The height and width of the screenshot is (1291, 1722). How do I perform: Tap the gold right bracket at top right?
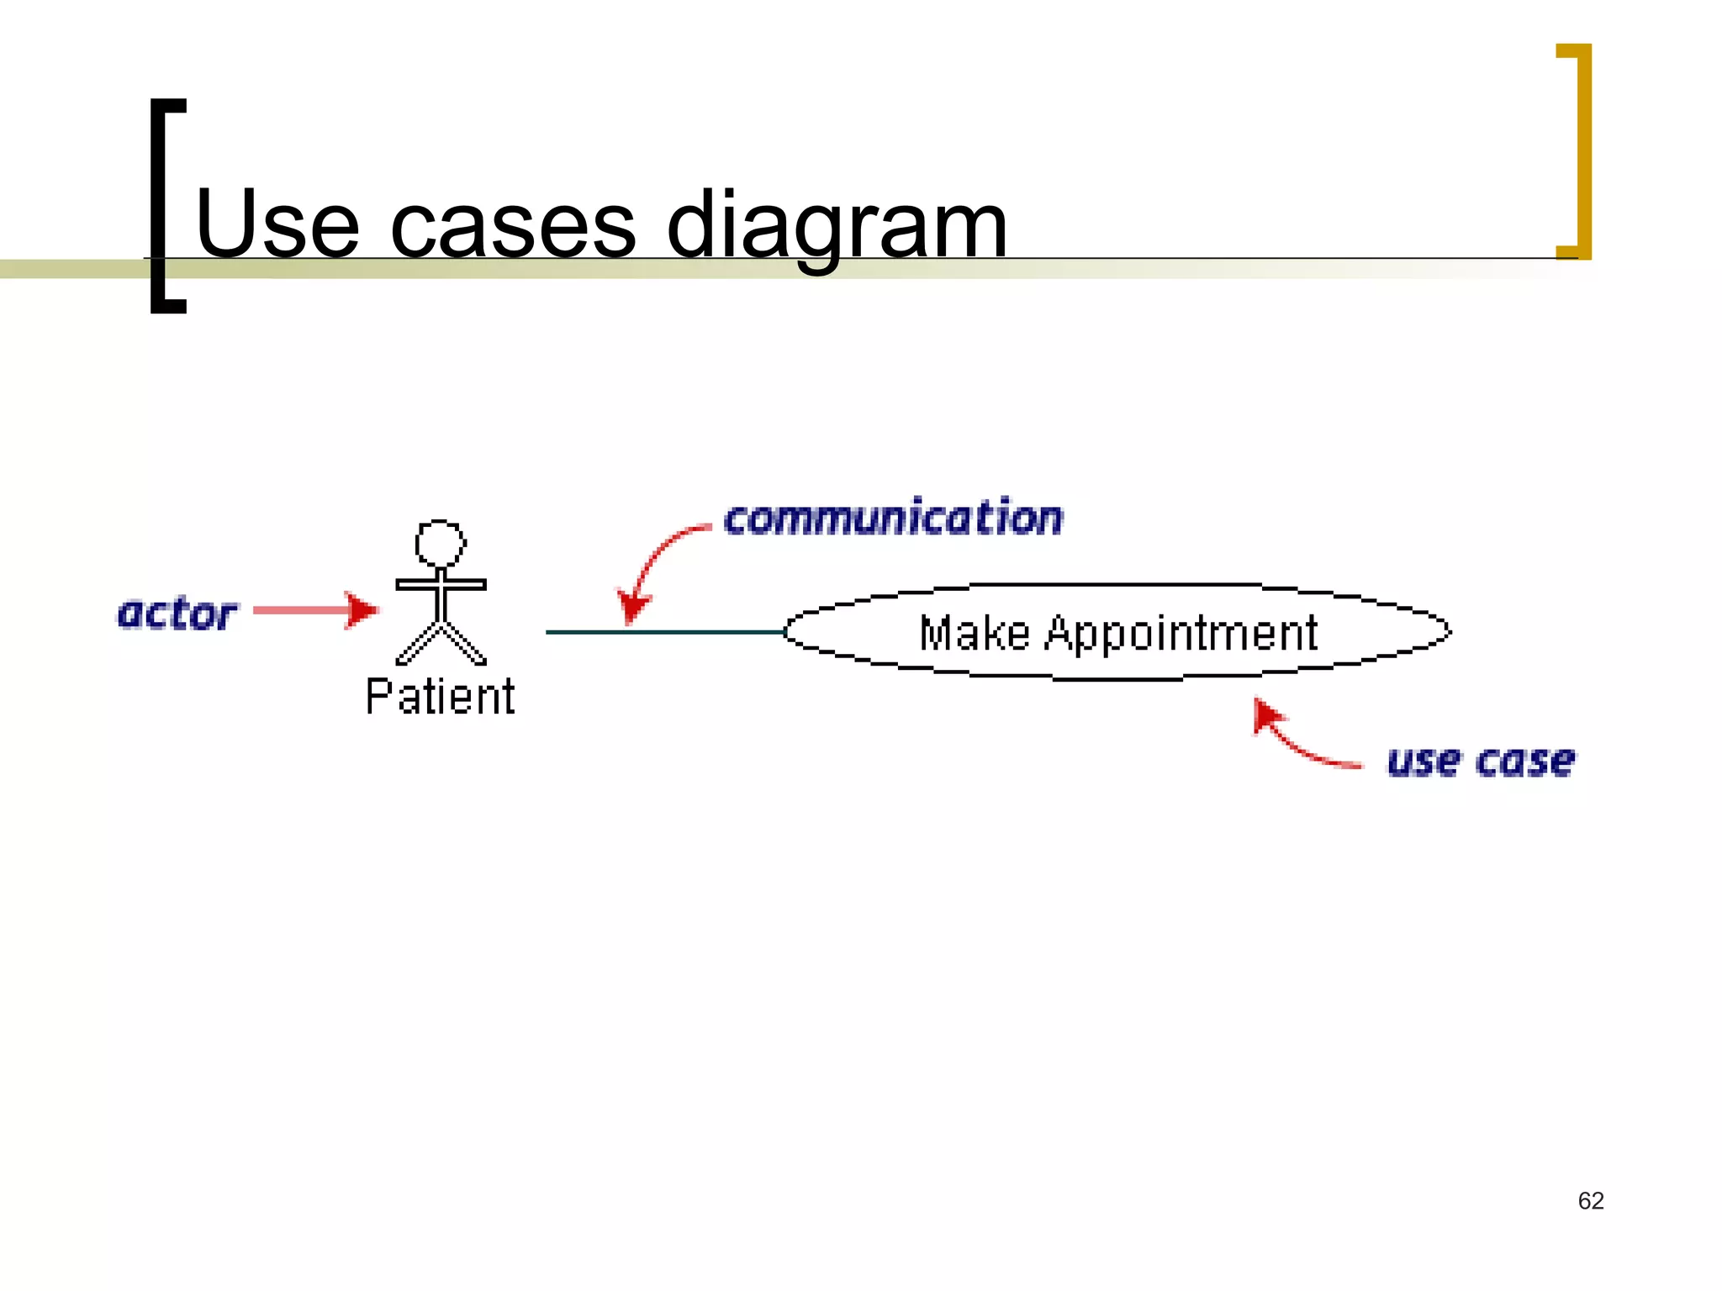tap(1578, 151)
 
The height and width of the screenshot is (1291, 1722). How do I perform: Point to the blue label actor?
tap(177, 614)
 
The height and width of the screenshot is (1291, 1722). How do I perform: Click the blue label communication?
tap(893, 518)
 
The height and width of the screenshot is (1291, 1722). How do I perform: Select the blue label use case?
tap(1481, 761)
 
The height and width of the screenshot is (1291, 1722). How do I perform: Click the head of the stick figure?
tap(440, 544)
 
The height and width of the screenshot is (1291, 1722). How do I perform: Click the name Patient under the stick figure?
tap(440, 697)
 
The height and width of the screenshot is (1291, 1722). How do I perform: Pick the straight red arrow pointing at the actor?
tap(314, 610)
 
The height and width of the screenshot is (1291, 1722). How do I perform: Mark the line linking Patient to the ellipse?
tap(664, 632)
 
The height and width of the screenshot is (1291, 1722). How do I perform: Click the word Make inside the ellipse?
tap(974, 634)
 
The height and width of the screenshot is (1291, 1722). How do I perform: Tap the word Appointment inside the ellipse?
tap(1181, 634)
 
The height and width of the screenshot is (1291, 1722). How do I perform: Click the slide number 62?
tap(1591, 1200)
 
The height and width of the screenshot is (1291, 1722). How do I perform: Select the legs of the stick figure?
tap(441, 644)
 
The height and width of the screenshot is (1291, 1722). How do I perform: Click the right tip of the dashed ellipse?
tap(1449, 631)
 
